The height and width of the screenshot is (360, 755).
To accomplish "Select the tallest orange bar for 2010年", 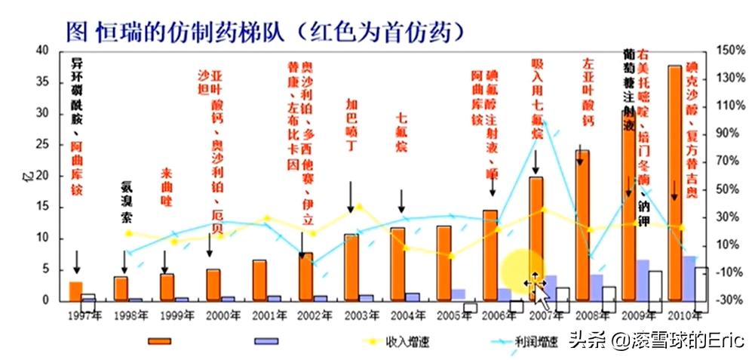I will (674, 181).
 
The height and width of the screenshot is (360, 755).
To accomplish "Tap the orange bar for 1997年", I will (75, 291).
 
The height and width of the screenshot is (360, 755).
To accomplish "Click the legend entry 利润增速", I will (539, 342).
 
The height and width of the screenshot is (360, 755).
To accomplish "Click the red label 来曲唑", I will (167, 189).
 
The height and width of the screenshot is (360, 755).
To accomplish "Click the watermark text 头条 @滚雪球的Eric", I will (656, 340).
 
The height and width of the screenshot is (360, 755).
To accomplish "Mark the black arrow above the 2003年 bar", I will (351, 198).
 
